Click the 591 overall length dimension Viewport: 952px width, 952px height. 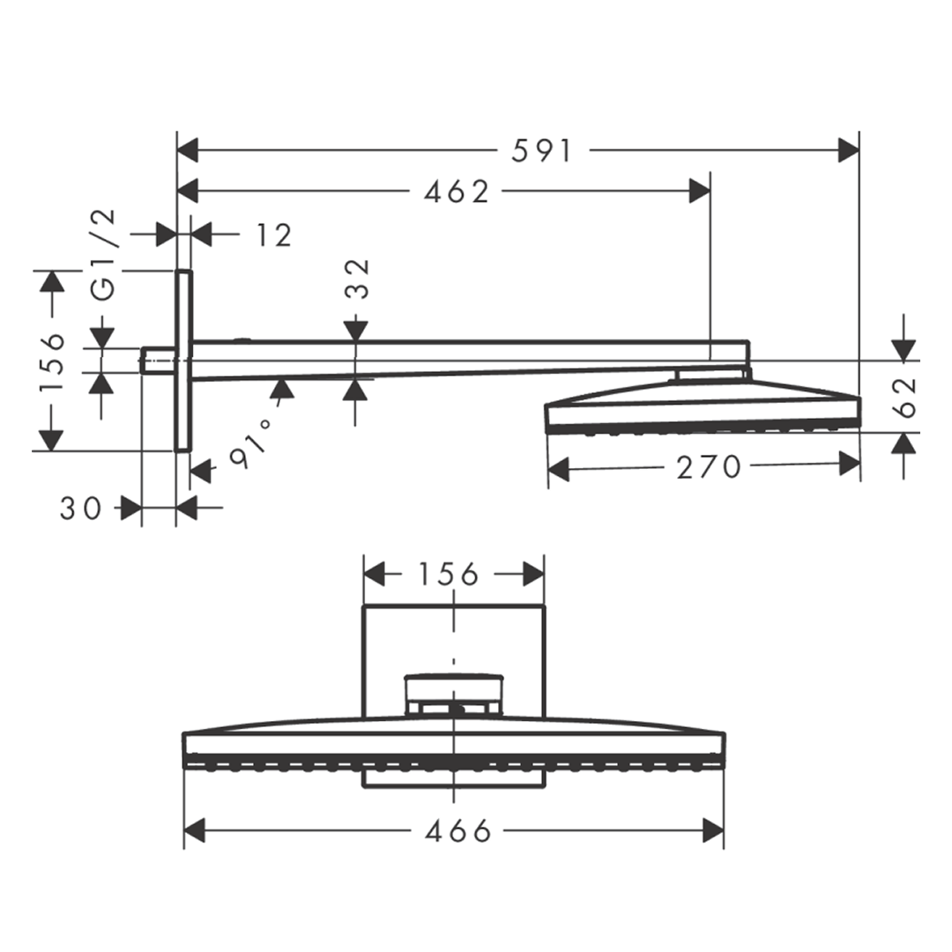click(x=542, y=151)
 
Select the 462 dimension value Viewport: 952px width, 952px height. click(x=456, y=191)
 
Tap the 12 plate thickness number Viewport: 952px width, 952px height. click(x=274, y=235)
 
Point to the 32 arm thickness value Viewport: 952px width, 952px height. click(x=356, y=279)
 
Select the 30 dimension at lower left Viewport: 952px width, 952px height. click(x=81, y=508)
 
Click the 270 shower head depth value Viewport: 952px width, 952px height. click(x=709, y=467)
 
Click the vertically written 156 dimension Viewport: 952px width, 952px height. click(x=53, y=361)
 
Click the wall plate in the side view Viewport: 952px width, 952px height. click(x=183, y=361)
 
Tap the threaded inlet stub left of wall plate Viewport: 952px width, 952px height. click(x=157, y=360)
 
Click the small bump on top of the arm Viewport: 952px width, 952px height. click(x=242, y=338)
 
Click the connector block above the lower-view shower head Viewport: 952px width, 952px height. click(x=453, y=695)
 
